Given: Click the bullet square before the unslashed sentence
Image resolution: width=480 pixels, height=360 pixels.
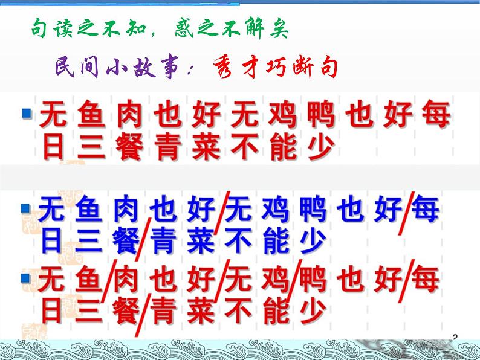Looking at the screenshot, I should click(26, 112).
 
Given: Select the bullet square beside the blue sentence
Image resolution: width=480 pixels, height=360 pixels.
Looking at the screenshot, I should click(25, 209).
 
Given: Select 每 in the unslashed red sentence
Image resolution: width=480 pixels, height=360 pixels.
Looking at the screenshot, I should click(434, 115).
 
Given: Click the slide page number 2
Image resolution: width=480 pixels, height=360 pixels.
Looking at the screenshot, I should click(455, 336).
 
